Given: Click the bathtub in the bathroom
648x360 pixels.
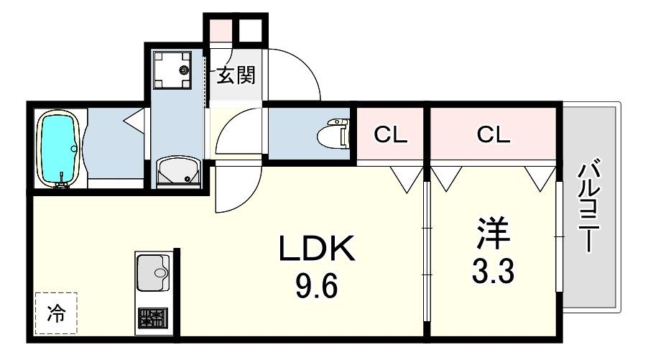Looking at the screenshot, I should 57,149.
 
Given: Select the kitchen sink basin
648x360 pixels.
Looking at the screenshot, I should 153,271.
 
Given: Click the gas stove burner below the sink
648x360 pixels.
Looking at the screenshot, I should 153,318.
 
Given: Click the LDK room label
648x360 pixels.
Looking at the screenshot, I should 316,251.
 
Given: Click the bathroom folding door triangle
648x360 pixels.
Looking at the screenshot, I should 134,121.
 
